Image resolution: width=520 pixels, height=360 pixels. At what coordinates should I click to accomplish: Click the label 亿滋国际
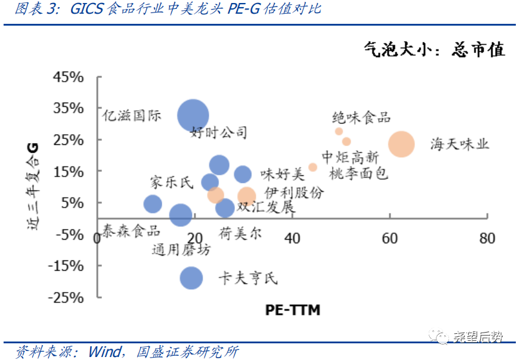click(x=132, y=116)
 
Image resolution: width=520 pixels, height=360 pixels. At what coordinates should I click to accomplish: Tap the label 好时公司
click(x=218, y=132)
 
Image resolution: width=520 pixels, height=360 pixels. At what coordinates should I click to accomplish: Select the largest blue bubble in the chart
click(x=193, y=114)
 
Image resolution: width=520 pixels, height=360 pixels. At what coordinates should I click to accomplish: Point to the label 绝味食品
click(x=361, y=117)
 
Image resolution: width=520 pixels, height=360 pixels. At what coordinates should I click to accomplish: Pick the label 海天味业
click(x=460, y=144)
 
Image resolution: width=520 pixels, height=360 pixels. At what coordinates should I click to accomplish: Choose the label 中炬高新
click(x=350, y=157)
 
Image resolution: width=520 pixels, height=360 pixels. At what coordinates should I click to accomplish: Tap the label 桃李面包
click(x=358, y=173)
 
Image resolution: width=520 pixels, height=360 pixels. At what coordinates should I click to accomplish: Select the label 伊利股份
click(x=295, y=193)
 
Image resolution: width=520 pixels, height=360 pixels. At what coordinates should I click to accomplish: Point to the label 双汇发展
click(x=265, y=207)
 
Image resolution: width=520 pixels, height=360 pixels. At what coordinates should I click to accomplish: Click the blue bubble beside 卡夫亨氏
click(x=191, y=277)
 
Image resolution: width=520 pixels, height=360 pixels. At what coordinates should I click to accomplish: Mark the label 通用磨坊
click(x=181, y=250)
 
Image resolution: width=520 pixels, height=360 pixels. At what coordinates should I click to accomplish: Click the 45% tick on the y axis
click(x=69, y=77)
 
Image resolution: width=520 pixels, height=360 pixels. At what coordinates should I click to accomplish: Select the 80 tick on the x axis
click(x=487, y=238)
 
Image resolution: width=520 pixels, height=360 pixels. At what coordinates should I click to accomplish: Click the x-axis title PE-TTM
click(x=293, y=310)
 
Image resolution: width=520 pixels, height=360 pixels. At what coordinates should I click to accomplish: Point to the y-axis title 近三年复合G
click(x=33, y=185)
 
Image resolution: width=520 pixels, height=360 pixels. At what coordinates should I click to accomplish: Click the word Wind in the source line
click(x=104, y=351)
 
